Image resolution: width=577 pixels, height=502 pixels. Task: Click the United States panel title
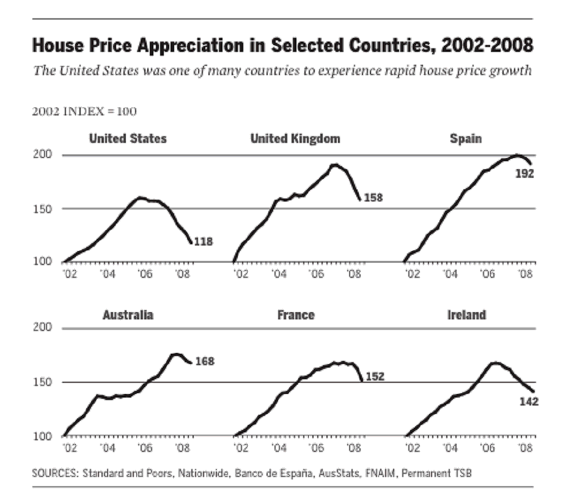[127, 139]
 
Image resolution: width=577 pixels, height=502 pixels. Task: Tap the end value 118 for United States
[203, 242]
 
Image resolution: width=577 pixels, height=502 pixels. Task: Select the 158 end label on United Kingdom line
[373, 197]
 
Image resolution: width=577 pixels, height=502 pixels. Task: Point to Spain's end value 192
[525, 173]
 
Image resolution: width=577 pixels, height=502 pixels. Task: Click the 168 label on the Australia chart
[205, 362]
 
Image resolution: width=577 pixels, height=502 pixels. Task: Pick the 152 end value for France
[375, 377]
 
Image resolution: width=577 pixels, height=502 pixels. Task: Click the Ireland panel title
[466, 315]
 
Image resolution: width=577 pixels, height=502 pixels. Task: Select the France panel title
[296, 315]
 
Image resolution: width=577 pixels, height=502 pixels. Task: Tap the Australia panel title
[128, 315]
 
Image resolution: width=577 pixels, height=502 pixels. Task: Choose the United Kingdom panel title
[295, 139]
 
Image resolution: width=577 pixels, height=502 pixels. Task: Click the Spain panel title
[466, 139]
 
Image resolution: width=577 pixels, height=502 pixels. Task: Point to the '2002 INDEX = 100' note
[84, 112]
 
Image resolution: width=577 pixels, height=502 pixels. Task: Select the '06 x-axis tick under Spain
[487, 273]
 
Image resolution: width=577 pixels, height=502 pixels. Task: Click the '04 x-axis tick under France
[279, 448]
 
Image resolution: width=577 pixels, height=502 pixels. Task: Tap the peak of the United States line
[141, 197]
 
